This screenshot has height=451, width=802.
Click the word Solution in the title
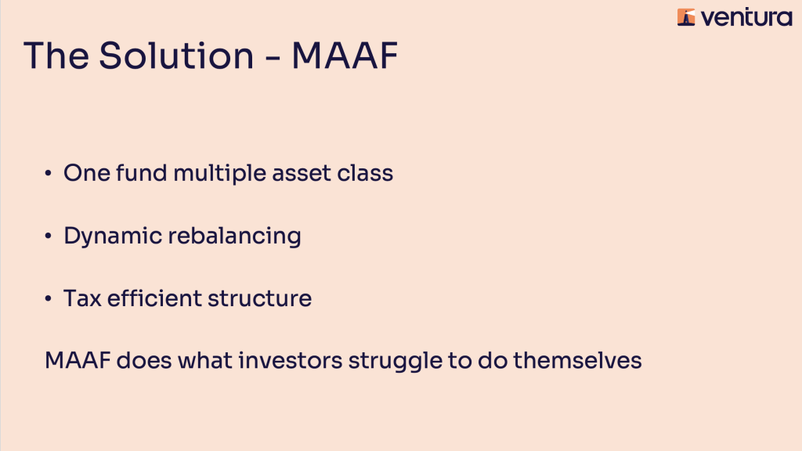[176, 56]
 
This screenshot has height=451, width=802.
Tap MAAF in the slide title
[345, 56]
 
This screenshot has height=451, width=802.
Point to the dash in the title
[273, 58]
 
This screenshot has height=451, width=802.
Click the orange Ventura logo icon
[686, 17]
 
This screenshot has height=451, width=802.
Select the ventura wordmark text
[746, 18]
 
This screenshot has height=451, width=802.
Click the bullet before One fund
[48, 173]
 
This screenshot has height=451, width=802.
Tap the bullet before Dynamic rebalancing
[48, 236]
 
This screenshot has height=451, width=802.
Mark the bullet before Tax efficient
[48, 298]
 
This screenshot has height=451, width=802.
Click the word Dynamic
[113, 236]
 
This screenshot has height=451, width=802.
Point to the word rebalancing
[234, 236]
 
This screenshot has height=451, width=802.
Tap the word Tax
[82, 298]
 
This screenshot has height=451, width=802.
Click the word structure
[260, 298]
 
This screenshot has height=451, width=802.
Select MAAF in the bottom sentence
[78, 360]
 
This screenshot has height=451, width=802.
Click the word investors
[291, 360]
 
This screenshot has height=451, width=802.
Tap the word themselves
[577, 360]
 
